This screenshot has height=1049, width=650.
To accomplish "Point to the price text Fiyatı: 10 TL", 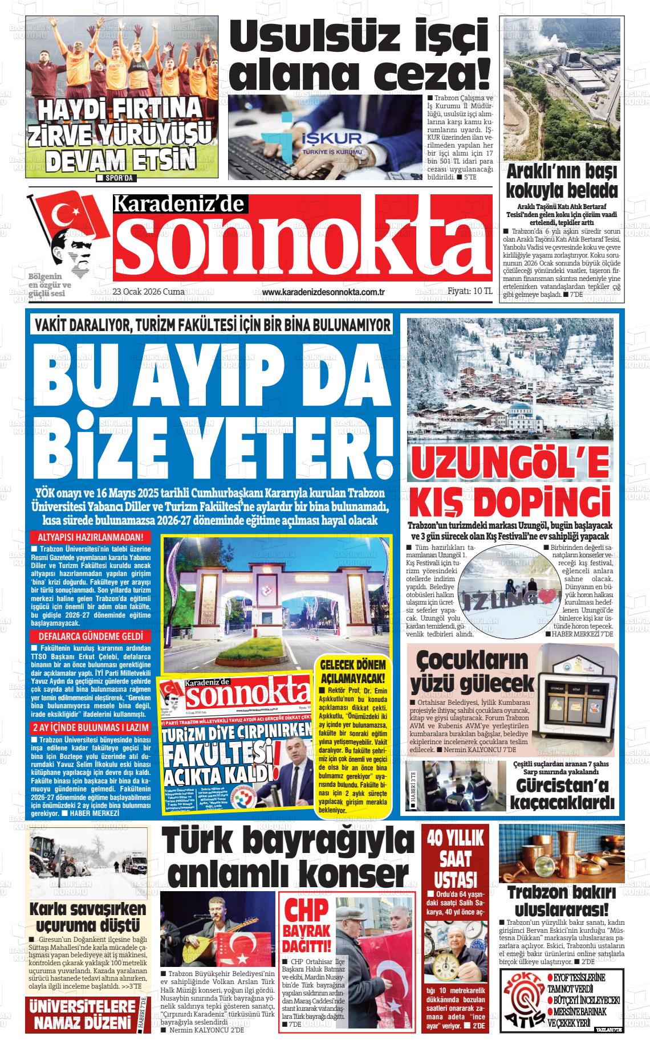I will [x=470, y=291].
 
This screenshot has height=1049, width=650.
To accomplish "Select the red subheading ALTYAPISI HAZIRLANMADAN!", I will [x=90, y=537].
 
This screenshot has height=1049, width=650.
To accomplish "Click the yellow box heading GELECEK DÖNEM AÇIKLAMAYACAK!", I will [x=354, y=672].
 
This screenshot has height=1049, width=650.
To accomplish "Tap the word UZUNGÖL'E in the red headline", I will [x=510, y=464].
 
